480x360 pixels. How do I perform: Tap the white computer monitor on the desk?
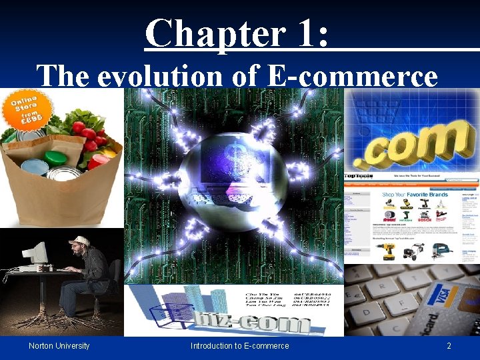point(33,253)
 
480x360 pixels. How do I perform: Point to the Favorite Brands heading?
point(421,195)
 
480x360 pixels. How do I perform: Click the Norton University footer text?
point(59,346)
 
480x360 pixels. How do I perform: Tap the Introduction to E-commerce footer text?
point(239,346)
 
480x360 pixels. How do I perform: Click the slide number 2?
point(449,346)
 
